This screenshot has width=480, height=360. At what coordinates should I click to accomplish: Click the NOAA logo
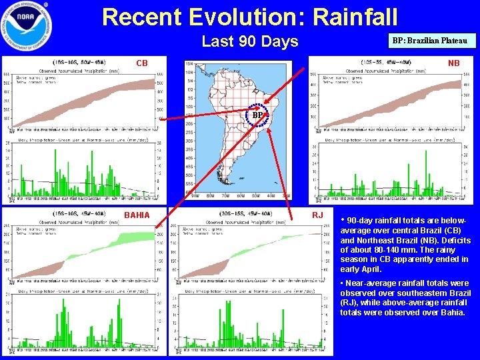[27, 27]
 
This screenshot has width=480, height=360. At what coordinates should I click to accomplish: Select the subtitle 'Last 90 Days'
[250, 41]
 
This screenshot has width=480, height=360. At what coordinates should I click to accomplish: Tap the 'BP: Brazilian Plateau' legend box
[434, 41]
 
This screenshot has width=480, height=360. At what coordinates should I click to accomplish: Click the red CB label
[141, 64]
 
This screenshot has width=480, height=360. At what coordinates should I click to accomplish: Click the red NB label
[453, 64]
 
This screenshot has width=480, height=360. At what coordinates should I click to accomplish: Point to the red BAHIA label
[137, 215]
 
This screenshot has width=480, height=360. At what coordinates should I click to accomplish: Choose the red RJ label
[317, 215]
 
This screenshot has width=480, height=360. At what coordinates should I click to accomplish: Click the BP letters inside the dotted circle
[257, 115]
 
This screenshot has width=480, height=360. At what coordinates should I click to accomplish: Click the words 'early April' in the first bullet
[361, 269]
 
